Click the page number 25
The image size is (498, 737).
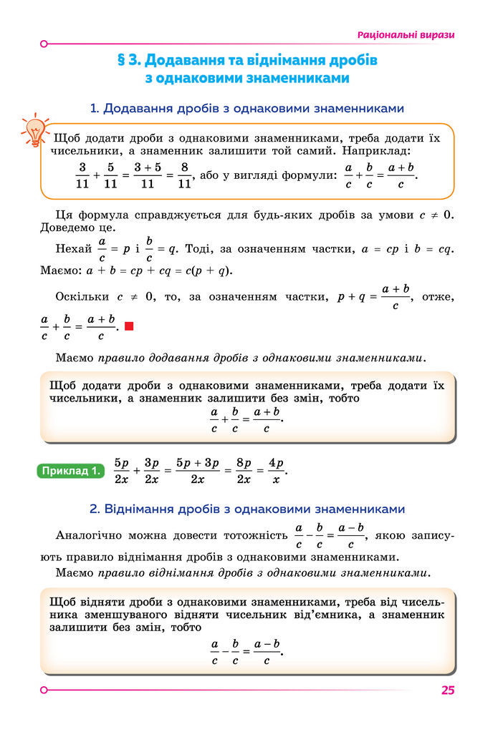coord(448,690)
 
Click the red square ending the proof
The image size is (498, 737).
coord(129,327)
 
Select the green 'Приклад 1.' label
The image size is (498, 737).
coord(70,471)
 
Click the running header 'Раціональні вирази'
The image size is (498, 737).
coord(406,34)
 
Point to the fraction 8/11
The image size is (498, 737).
coord(184,175)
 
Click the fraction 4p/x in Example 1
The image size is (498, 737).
coord(276,471)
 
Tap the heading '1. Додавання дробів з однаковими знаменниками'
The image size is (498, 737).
coord(247,109)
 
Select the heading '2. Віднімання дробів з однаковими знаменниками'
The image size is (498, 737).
coord(247,509)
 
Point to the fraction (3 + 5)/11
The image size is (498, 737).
coord(148,175)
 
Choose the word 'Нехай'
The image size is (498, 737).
coord(72,249)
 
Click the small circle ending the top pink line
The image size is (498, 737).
coord(44,44)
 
